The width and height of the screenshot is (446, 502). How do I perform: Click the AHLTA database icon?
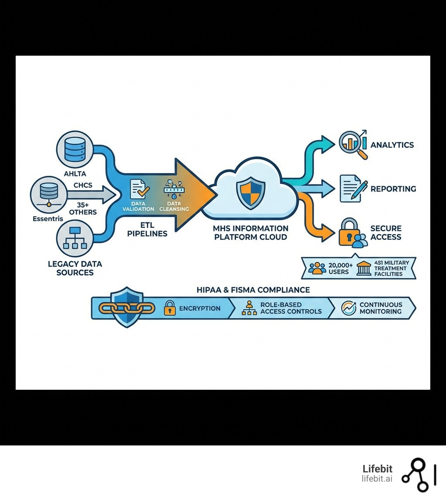[75, 151]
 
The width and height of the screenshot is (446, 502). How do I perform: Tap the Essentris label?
[48, 218]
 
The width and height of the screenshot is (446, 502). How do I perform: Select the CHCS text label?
[83, 185]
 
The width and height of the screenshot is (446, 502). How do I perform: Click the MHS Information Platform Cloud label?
[250, 233]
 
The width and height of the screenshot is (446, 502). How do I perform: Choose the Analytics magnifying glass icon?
[353, 144]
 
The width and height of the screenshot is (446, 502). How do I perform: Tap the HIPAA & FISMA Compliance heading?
[253, 290]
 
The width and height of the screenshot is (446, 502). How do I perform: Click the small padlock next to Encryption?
[169, 308]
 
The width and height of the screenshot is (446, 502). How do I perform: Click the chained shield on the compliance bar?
[127, 308]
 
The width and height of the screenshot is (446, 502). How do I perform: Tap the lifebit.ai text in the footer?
[377, 479]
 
